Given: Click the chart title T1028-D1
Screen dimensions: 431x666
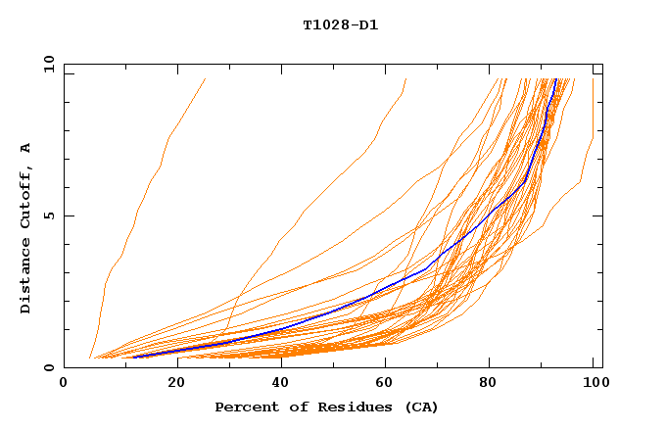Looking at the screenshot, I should click(x=340, y=25).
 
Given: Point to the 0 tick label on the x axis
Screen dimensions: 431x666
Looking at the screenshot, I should click(x=64, y=383).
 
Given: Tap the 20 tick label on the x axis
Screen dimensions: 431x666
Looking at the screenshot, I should click(x=177, y=383).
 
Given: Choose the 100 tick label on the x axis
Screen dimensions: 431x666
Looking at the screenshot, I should click(x=594, y=383).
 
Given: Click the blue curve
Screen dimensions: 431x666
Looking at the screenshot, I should click(x=392, y=283).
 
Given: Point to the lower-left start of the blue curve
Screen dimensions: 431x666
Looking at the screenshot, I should click(x=134, y=358).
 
